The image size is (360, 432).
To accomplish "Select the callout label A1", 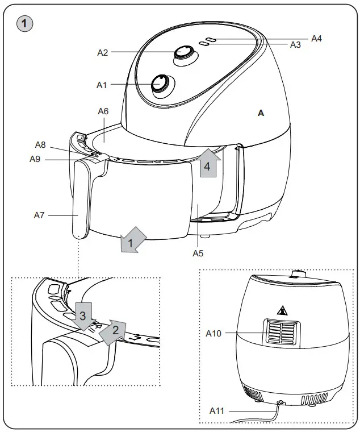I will (x=102, y=85).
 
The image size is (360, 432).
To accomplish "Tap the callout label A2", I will (x=103, y=52).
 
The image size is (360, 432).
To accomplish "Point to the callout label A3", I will (x=295, y=45).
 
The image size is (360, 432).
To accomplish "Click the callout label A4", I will (x=316, y=38).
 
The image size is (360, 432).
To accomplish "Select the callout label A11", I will (x=217, y=410).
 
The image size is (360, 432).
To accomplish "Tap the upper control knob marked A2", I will (x=183, y=53).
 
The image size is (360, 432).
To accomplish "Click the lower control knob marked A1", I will (x=160, y=84).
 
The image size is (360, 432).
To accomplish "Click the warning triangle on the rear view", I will (x=282, y=310).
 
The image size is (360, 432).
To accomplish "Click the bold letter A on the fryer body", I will (x=261, y=113).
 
